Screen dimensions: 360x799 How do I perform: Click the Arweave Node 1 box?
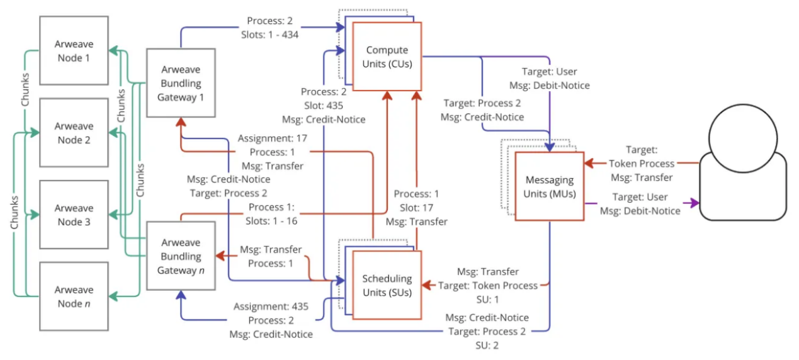pyautogui.click(x=74, y=52)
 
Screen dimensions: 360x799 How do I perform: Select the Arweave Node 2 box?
pyautogui.click(x=74, y=133)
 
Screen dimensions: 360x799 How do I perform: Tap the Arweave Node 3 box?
pyautogui.click(x=74, y=215)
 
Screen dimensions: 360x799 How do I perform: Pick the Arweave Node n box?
pyautogui.click(x=74, y=296)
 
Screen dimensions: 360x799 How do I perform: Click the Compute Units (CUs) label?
pyautogui.click(x=387, y=57)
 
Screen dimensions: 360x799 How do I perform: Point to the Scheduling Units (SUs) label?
pyautogui.click(x=387, y=285)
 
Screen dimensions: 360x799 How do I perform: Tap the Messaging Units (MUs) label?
pyautogui.click(x=549, y=187)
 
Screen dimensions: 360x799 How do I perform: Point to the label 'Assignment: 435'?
pyautogui.click(x=271, y=307)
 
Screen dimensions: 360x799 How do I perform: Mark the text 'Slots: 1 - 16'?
pyautogui.click(x=273, y=221)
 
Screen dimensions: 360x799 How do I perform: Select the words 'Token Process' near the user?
pyautogui.click(x=642, y=164)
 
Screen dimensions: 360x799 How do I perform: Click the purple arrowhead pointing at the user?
pyautogui.click(x=695, y=203)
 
